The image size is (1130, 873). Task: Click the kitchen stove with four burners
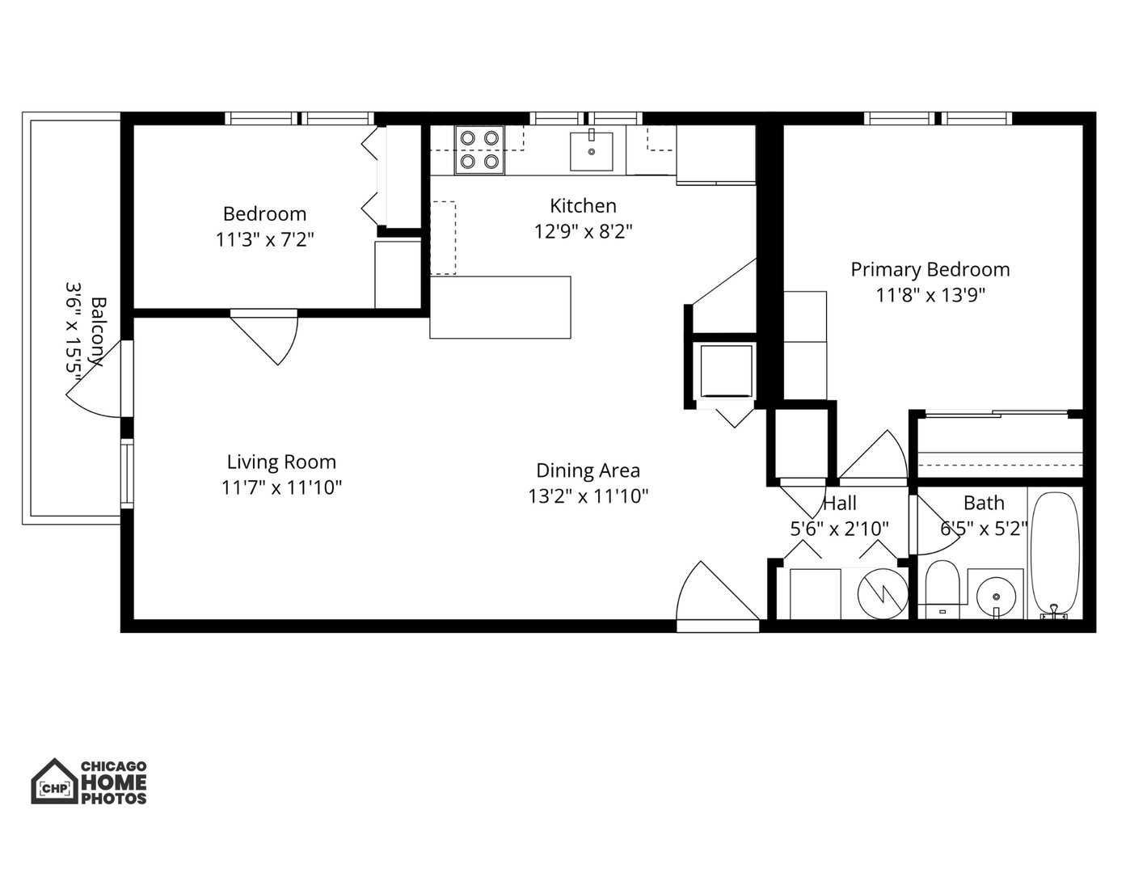coord(479,150)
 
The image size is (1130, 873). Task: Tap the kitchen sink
coord(591,151)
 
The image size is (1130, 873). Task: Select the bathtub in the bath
coord(1054,554)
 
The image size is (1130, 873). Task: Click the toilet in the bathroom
coord(941,584)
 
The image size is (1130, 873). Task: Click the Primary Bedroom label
coord(930,269)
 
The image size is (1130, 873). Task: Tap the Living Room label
coord(280,462)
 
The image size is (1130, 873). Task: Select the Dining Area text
coord(588,470)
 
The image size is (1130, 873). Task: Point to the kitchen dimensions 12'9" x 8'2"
coord(583,232)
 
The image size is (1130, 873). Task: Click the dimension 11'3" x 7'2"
coord(264,240)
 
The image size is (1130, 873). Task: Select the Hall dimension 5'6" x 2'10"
coord(839,529)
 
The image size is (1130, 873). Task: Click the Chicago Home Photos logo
coord(89,782)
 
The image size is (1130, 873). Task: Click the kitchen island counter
coord(500,307)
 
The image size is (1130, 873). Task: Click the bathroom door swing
coord(934,525)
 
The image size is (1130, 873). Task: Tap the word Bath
coord(984,503)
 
